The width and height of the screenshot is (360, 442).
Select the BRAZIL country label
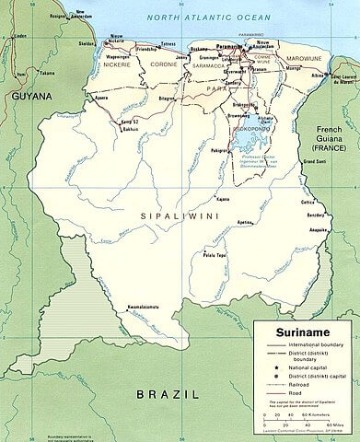[x=166, y=393]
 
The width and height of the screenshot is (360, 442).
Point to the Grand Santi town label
[x=317, y=162]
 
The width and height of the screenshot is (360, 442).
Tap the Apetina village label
[x=218, y=224]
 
